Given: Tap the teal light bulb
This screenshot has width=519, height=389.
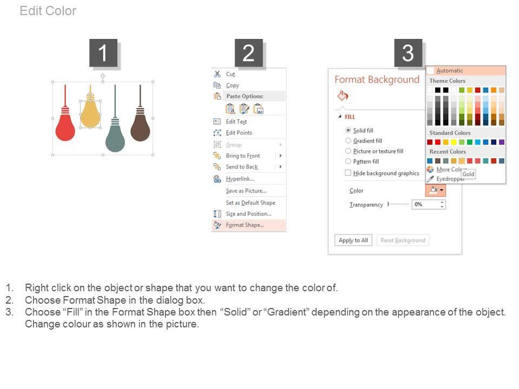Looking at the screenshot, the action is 115,136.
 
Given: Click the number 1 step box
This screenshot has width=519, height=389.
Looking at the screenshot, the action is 103,53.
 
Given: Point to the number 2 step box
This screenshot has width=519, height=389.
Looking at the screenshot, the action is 249,53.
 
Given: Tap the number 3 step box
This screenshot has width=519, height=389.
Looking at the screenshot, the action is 408,53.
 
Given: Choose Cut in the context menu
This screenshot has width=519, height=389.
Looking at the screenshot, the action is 230,74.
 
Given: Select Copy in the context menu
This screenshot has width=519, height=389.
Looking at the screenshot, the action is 232,85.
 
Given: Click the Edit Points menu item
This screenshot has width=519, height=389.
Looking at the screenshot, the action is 239,133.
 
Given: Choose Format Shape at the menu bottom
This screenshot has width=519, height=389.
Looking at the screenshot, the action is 245,225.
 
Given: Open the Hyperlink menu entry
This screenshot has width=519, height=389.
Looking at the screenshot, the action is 240,179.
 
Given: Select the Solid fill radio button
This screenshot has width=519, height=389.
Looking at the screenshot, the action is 348,130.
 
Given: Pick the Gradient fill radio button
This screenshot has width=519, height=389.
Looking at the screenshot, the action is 348,140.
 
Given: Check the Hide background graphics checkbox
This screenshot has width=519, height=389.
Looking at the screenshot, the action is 348,173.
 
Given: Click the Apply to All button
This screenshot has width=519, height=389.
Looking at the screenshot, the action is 353,240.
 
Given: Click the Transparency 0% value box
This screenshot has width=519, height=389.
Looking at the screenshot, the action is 428,204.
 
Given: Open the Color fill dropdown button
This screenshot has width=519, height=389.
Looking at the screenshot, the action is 436,190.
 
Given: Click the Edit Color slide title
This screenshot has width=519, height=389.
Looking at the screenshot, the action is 48,11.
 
